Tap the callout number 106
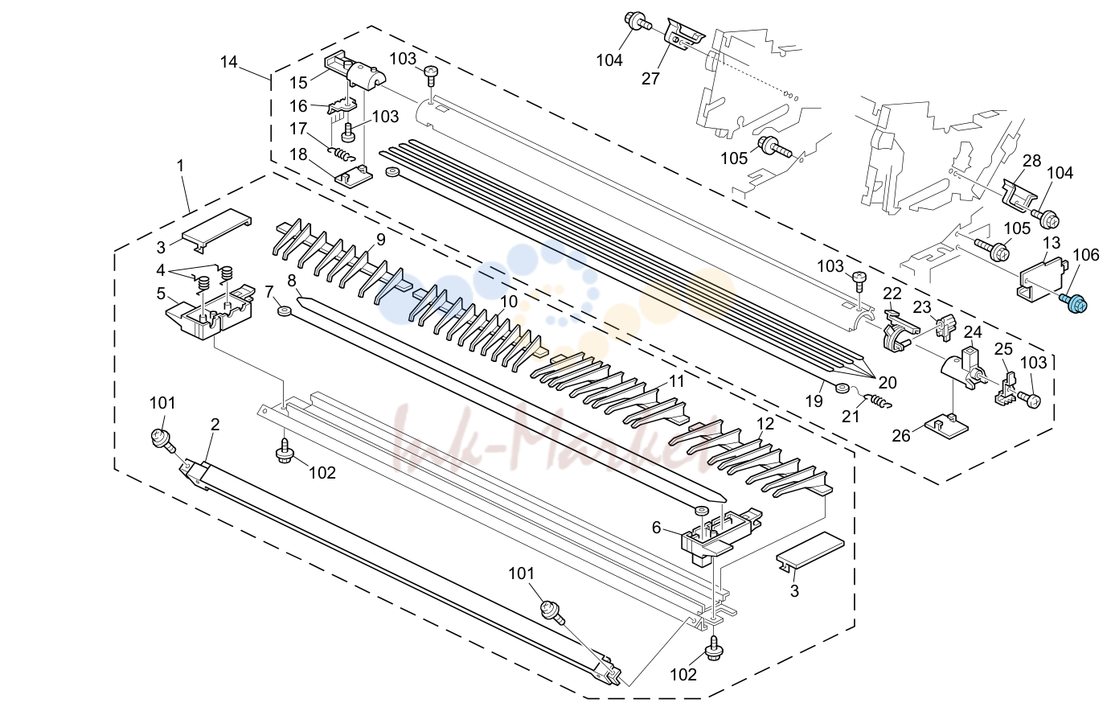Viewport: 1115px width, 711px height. [1085, 255]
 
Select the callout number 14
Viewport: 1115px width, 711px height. [228, 63]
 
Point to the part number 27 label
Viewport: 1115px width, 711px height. [650, 79]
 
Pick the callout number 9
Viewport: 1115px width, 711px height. [381, 240]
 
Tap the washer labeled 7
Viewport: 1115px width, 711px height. [285, 312]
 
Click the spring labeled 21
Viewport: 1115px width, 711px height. [879, 401]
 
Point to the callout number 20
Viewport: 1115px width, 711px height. [887, 383]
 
